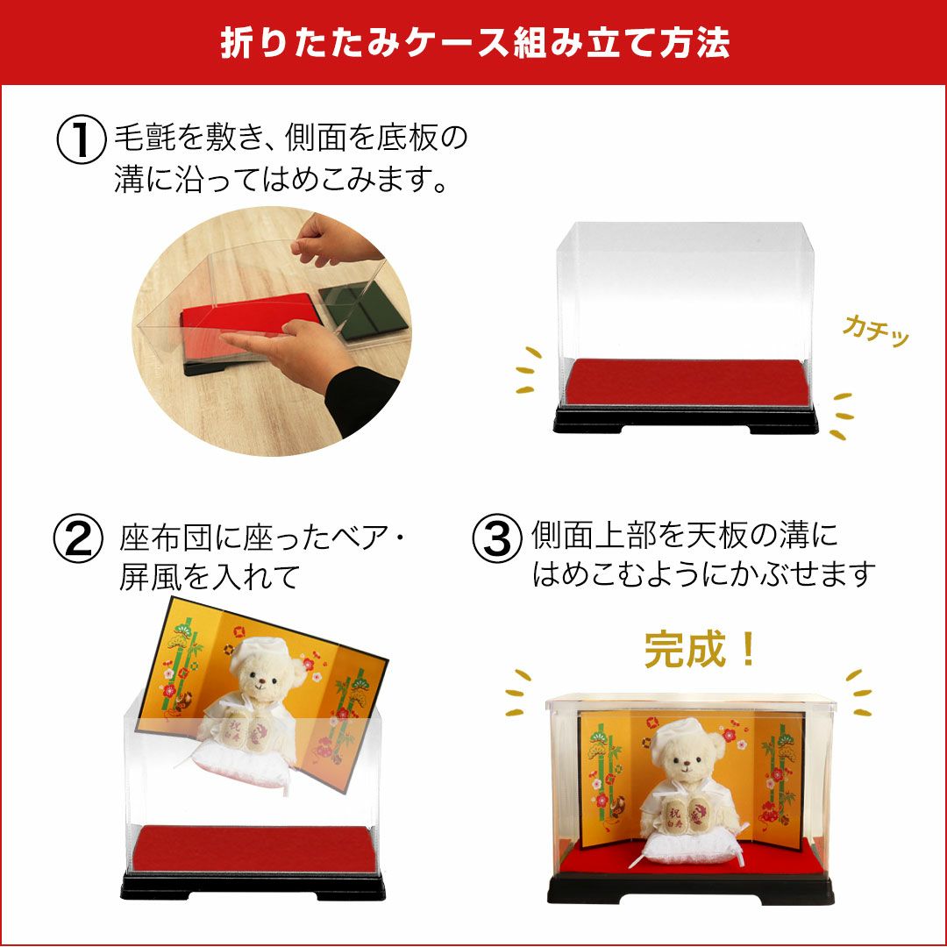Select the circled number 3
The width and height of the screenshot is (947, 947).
pyautogui.click(x=496, y=538)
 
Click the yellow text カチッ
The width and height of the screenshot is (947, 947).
pyautogui.click(x=876, y=331)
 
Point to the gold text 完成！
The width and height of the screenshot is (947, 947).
pyautogui.click(x=701, y=650)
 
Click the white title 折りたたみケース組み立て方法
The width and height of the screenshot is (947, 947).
pyautogui.click(x=474, y=42)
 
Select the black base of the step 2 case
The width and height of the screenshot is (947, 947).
pyautogui.click(x=253, y=886)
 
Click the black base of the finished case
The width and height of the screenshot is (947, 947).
pyautogui.click(x=690, y=889)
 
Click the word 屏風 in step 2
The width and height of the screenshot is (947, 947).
pyautogui.click(x=151, y=576)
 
